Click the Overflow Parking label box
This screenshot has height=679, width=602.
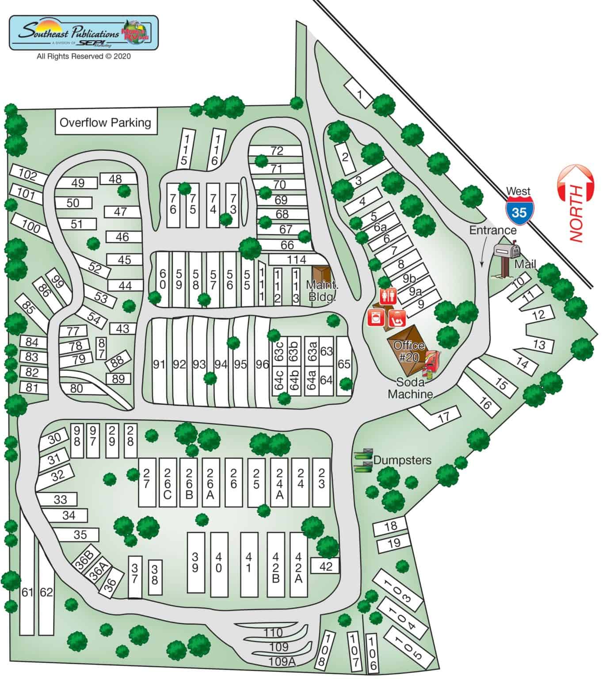click(x=105, y=122)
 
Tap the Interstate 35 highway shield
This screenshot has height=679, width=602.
click(x=519, y=211)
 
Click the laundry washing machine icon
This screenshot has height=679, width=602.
click(x=376, y=317)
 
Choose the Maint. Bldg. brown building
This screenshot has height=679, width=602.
click(x=321, y=274)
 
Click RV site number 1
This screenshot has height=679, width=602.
click(x=359, y=94)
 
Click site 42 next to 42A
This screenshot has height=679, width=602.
click(x=325, y=566)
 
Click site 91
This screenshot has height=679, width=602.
click(x=159, y=364)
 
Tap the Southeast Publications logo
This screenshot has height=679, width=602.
click(x=84, y=33)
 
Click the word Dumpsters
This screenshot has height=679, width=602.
click(x=402, y=460)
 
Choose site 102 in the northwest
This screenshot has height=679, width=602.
click(x=28, y=175)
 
